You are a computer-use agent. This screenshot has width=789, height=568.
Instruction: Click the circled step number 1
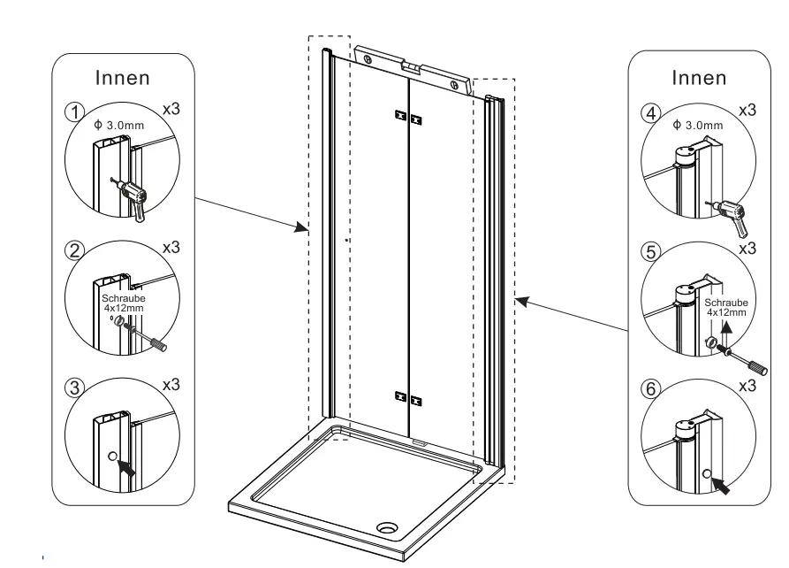tap(74, 112)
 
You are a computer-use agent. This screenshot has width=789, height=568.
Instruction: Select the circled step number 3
tap(74, 386)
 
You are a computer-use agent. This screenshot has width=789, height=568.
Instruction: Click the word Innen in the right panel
tap(698, 77)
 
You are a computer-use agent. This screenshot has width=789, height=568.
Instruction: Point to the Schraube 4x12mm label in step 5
tap(725, 306)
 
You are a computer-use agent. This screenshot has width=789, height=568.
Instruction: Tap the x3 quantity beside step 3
tap(170, 385)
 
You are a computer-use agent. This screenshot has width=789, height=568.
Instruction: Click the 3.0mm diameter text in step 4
tap(697, 125)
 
